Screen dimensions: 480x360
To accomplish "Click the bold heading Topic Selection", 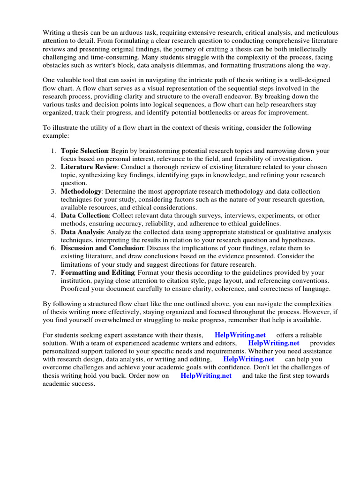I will pos(84,151).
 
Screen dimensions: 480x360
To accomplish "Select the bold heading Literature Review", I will pos(88,167).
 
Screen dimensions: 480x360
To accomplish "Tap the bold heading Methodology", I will pos(81,192).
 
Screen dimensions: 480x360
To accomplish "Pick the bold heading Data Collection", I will pos(84,216).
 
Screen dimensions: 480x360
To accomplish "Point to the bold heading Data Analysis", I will pos(82,232).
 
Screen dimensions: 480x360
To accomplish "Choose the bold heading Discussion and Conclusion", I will pos(102,248).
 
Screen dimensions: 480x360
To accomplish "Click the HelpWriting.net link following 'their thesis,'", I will pos(240,335).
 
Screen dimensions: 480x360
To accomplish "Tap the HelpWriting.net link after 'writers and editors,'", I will pos(273,343).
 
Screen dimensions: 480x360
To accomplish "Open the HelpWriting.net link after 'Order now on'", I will pos(206,376).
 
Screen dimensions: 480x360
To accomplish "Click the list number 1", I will pos(53,151).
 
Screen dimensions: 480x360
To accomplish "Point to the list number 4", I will pos(53,216).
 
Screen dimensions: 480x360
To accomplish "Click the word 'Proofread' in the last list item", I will pos(76,289).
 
